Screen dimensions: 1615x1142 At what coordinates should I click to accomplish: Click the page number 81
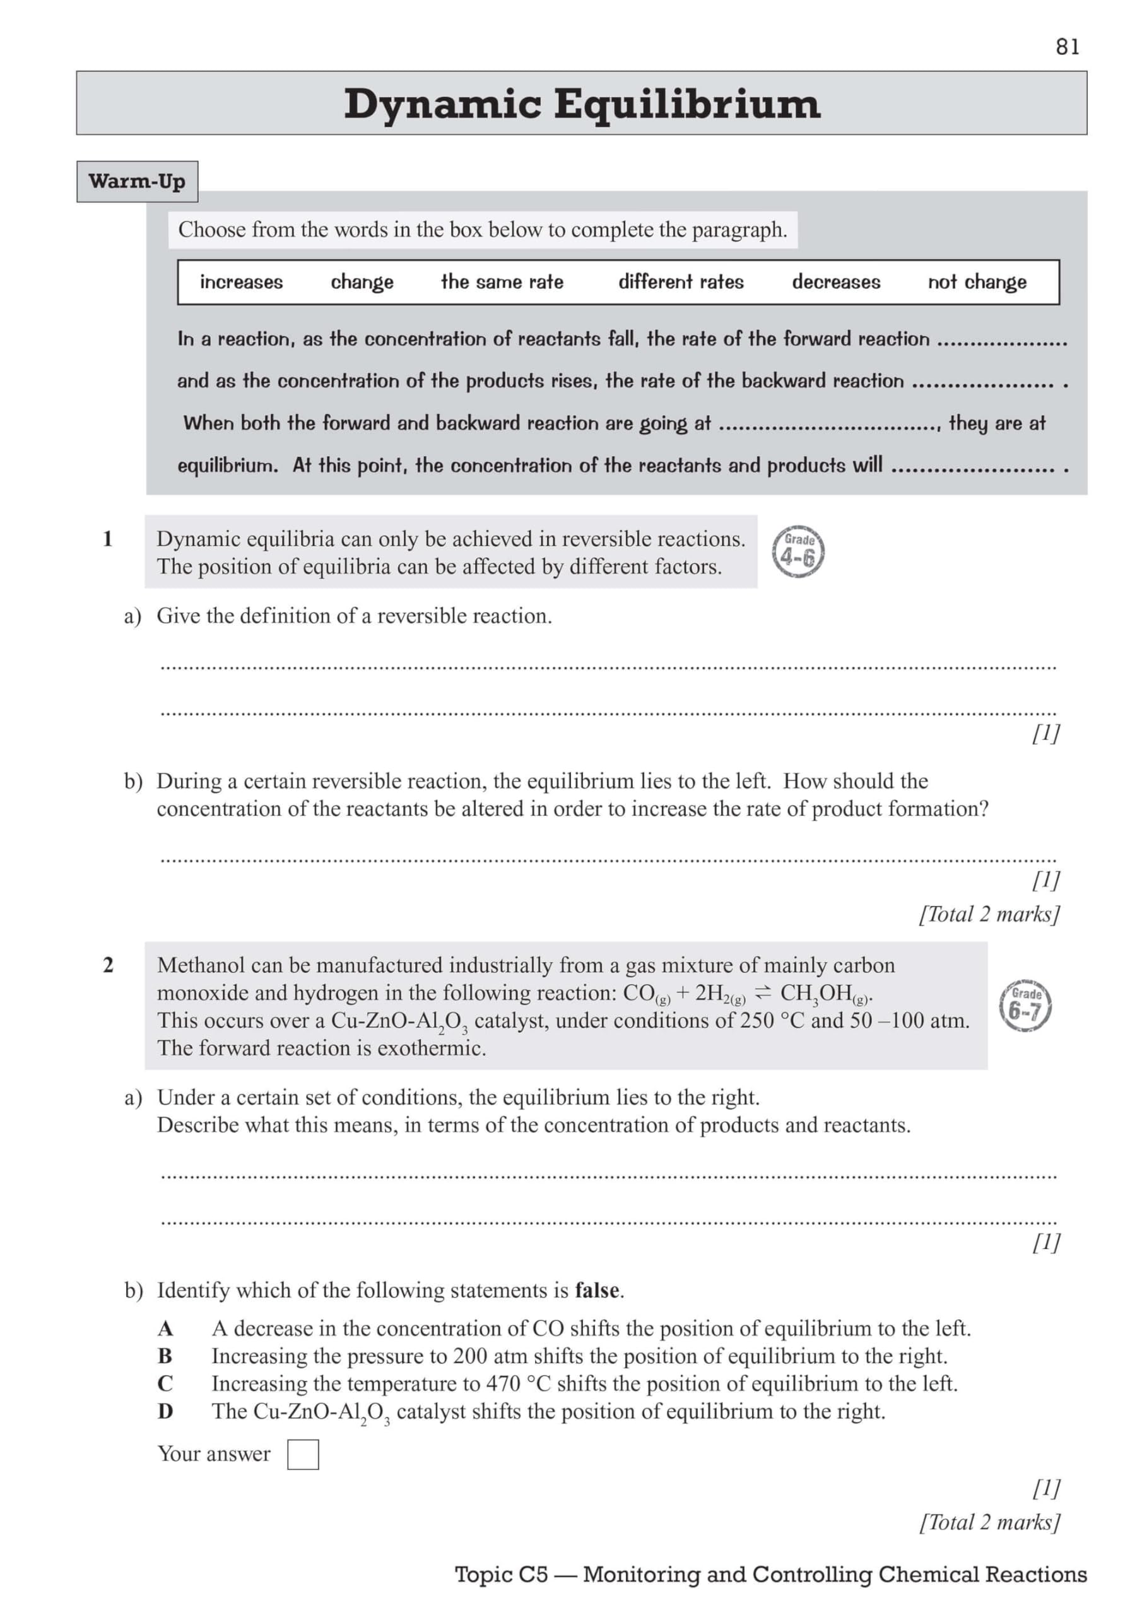(1067, 47)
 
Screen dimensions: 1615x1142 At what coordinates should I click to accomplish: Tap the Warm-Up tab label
(137, 182)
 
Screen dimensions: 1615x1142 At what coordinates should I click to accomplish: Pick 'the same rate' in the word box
(502, 282)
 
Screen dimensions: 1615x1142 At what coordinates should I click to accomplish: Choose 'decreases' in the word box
(835, 282)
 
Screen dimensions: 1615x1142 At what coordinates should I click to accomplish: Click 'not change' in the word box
(977, 282)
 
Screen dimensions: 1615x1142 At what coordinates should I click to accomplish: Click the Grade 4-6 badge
(798, 552)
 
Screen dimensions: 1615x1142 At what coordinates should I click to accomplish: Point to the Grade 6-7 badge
(1025, 1005)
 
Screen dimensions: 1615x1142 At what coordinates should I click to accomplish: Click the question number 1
(108, 539)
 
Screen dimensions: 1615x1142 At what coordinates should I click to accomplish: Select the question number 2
(108, 965)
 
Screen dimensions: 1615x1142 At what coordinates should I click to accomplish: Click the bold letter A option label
(165, 1329)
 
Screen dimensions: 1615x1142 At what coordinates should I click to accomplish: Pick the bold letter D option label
(165, 1412)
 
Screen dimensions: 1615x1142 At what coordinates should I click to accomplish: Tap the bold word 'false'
(597, 1291)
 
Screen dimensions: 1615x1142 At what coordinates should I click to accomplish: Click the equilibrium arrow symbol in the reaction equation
(762, 993)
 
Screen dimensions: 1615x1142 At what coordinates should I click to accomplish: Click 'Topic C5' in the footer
(500, 1574)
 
